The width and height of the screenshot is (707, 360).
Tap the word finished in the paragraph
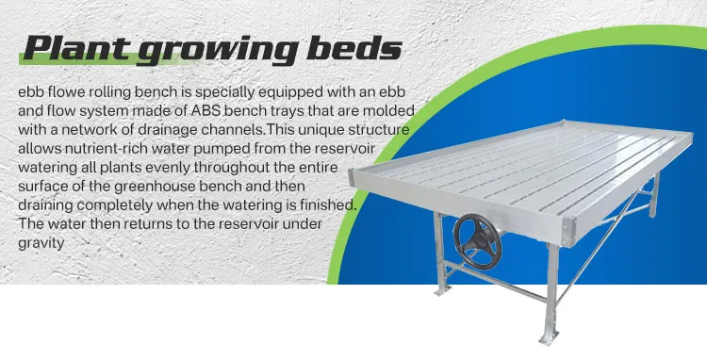pos(324,205)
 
